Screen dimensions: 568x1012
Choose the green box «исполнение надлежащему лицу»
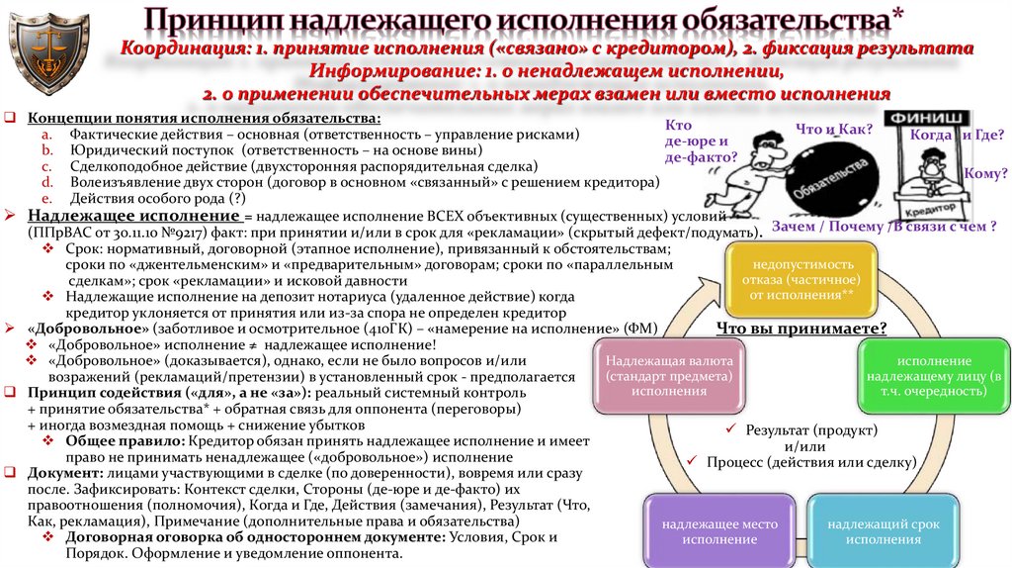[934, 376]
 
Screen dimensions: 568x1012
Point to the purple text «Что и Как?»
[825, 128]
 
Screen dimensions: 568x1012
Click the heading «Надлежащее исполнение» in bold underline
[132, 216]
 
